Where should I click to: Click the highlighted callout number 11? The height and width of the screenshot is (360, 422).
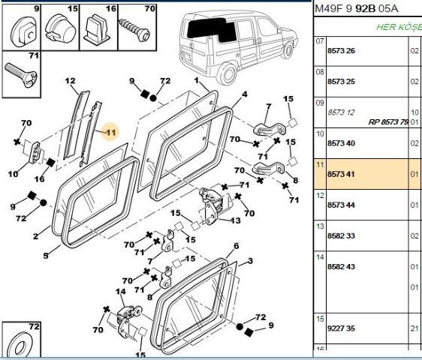click(x=110, y=132)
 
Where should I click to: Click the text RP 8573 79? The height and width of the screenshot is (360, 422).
click(x=388, y=121)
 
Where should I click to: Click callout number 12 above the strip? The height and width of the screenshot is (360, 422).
click(x=71, y=81)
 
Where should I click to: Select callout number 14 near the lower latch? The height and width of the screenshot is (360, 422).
click(x=119, y=292)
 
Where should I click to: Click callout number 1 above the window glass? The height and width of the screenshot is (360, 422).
click(x=196, y=80)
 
